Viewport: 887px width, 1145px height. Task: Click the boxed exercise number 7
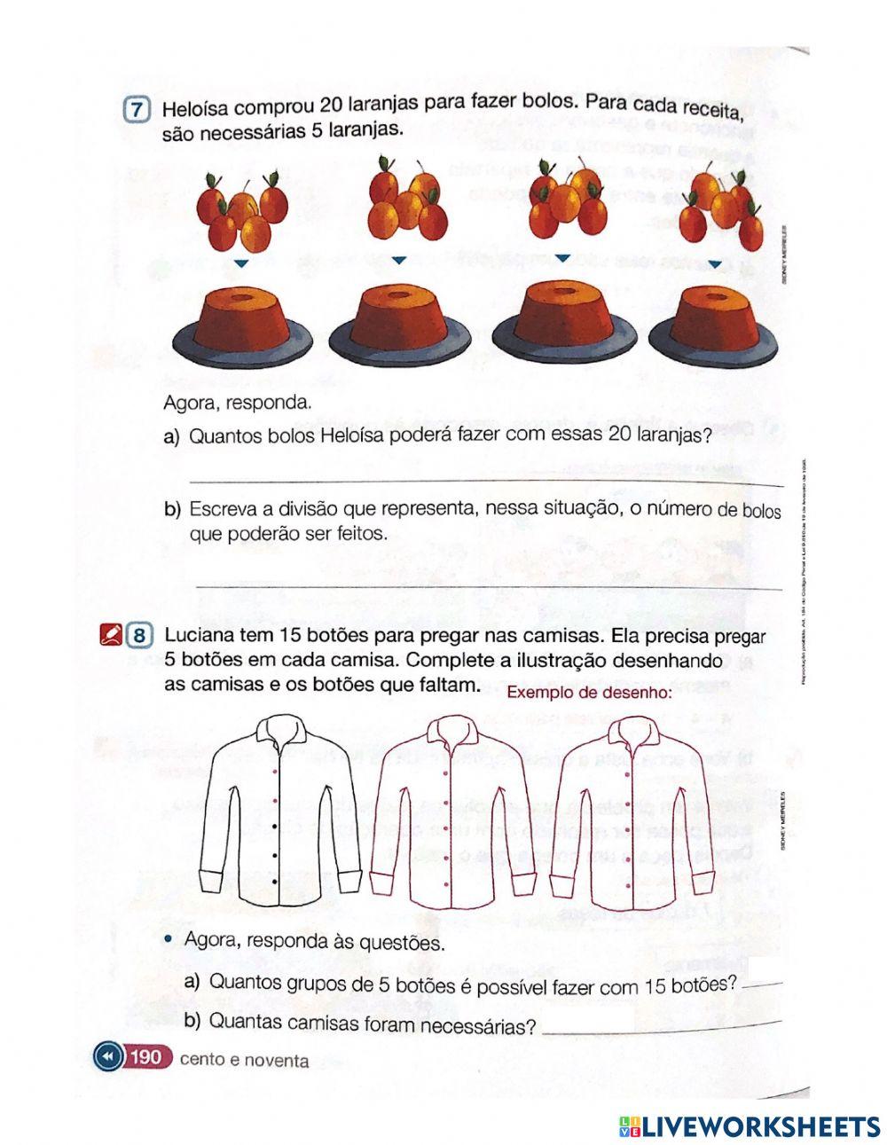(136, 111)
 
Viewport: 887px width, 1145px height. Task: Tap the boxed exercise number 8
(140, 636)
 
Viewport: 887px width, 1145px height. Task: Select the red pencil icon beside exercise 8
(112, 636)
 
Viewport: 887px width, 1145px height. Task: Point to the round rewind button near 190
(107, 1057)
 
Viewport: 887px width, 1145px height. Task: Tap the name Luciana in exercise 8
(200, 636)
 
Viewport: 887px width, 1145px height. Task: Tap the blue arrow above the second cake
(399, 260)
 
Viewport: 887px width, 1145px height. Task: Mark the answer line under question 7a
(486, 482)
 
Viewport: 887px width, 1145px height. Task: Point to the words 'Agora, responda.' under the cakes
(238, 403)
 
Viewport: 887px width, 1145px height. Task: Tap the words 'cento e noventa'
(244, 1060)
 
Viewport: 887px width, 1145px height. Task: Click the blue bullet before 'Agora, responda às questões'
(169, 938)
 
